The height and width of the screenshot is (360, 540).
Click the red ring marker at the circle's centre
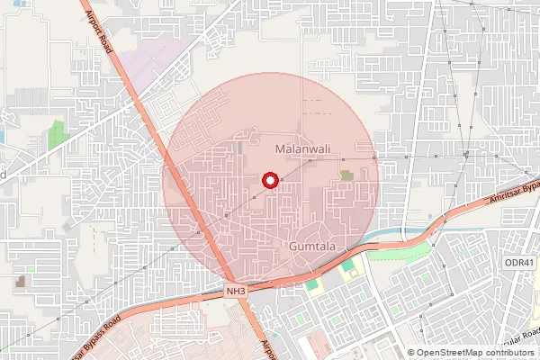(268, 180)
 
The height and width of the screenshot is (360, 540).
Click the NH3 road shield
(236, 291)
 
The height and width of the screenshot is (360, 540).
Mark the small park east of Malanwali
(346, 175)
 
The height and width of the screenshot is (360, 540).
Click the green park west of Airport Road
(58, 135)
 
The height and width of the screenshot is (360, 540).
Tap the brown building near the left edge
(20, 282)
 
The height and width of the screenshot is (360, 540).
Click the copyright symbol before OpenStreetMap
(411, 352)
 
